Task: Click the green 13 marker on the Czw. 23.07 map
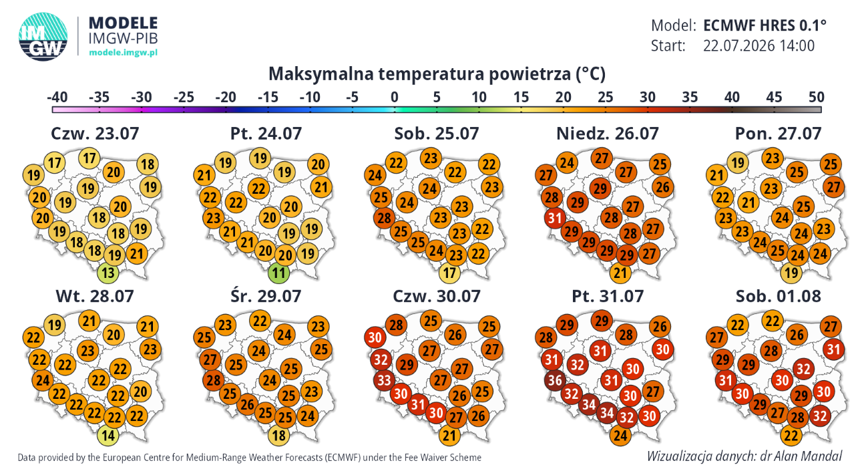click(107, 272)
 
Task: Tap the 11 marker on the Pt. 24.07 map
click(278, 272)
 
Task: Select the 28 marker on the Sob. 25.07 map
click(384, 218)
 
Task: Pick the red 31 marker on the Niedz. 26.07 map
click(555, 218)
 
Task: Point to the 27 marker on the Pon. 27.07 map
click(833, 187)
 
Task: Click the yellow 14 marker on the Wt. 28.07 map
click(107, 435)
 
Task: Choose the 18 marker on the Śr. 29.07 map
click(278, 435)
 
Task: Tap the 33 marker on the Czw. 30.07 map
click(384, 380)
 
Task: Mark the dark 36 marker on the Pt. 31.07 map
click(555, 380)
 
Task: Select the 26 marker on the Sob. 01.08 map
click(797, 334)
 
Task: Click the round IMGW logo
click(43, 37)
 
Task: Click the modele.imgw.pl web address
click(124, 52)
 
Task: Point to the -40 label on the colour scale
click(57, 97)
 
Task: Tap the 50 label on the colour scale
click(816, 97)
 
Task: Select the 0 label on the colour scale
click(394, 97)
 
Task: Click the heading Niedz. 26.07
click(607, 134)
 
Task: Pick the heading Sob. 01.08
click(778, 296)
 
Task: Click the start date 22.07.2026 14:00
click(758, 45)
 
